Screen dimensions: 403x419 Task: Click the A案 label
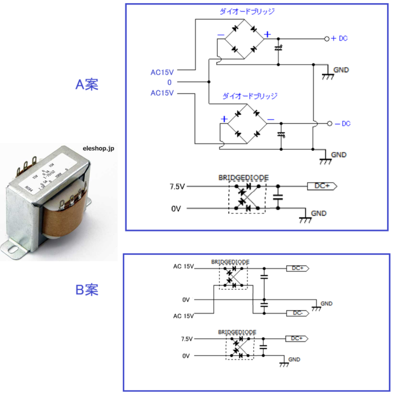pyautogui.click(x=87, y=84)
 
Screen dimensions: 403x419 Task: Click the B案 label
pyautogui.click(x=87, y=289)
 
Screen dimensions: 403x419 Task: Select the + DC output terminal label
pyautogui.click(x=339, y=39)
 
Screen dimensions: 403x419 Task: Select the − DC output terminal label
pyautogui.click(x=342, y=124)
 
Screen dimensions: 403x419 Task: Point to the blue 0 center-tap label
pyautogui.click(x=169, y=82)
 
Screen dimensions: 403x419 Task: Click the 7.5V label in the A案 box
pyautogui.click(x=177, y=187)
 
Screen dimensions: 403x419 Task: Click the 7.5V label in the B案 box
pyautogui.click(x=187, y=339)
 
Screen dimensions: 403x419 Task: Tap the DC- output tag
pyautogui.click(x=297, y=313)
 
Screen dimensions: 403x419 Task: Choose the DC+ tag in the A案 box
pyautogui.click(x=322, y=187)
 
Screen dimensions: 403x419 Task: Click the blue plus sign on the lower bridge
pyautogui.click(x=224, y=119)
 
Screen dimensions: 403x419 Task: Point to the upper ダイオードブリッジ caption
pyautogui.click(x=247, y=12)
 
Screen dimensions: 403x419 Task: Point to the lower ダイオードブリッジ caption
pyautogui.click(x=250, y=96)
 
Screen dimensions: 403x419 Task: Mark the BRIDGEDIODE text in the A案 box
pyautogui.click(x=244, y=178)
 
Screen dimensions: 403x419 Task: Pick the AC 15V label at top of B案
pyautogui.click(x=183, y=266)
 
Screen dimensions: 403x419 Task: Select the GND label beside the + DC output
pyautogui.click(x=341, y=70)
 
